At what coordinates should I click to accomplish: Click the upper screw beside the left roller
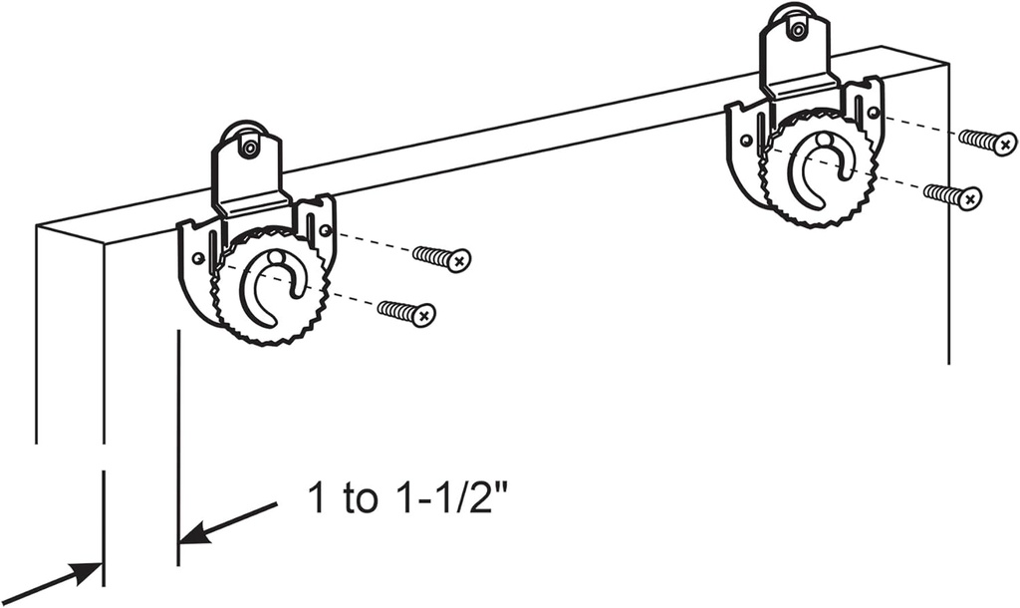coord(441,258)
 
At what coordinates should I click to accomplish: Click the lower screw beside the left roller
coord(406,312)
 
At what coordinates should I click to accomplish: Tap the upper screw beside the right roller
coord(988,140)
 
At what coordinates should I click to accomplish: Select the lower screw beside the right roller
coord(953,194)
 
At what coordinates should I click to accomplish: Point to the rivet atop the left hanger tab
coord(249,148)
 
